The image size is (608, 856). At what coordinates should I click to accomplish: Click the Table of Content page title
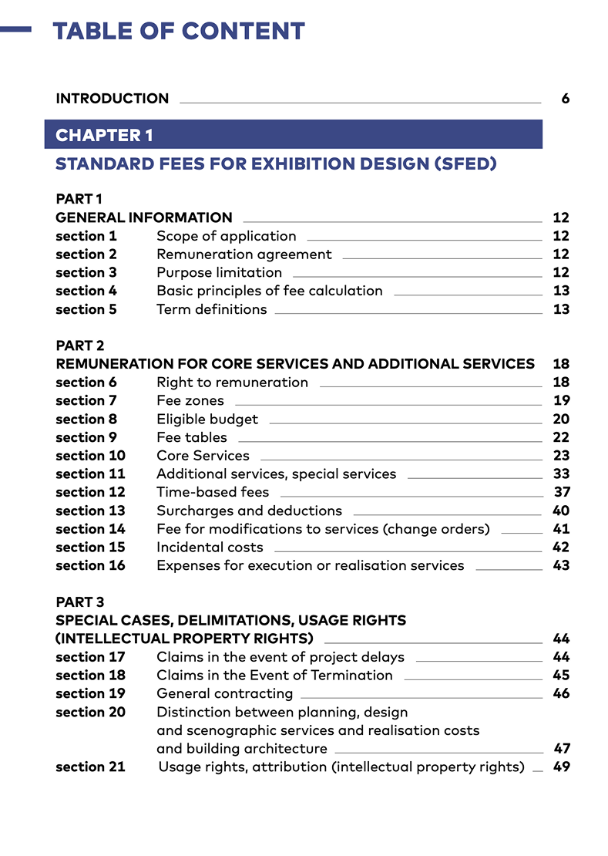pyautogui.click(x=178, y=31)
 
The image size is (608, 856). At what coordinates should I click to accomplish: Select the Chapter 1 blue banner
pyautogui.click(x=293, y=135)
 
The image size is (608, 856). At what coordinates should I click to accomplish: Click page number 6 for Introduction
pyautogui.click(x=565, y=99)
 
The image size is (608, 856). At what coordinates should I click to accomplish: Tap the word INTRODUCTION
pyautogui.click(x=112, y=99)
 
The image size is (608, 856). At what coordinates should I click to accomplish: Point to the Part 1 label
pyautogui.click(x=79, y=199)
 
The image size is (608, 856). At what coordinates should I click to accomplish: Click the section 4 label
pyautogui.click(x=86, y=291)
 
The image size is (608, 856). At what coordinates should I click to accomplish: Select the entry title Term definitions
pyautogui.click(x=211, y=309)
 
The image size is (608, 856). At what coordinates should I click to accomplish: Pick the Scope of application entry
pyautogui.click(x=226, y=236)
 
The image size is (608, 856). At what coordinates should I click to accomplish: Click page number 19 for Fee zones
pyautogui.click(x=561, y=400)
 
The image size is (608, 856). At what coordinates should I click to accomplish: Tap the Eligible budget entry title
pyautogui.click(x=207, y=419)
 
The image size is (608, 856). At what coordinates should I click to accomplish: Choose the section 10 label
pyautogui.click(x=90, y=456)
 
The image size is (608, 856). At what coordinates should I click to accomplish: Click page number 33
pyautogui.click(x=561, y=473)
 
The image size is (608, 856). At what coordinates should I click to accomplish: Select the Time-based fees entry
pyautogui.click(x=213, y=492)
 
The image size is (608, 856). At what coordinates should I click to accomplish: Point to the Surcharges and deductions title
pyautogui.click(x=249, y=511)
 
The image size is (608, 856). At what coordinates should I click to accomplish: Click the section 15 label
pyautogui.click(x=90, y=547)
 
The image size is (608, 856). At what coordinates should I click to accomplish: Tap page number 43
pyautogui.click(x=561, y=565)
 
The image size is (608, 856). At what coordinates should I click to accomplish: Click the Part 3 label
pyautogui.click(x=79, y=602)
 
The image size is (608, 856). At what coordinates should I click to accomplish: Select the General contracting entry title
pyautogui.click(x=224, y=693)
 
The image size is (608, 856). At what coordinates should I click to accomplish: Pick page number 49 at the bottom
pyautogui.click(x=562, y=767)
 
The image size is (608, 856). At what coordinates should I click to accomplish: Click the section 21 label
pyautogui.click(x=90, y=767)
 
